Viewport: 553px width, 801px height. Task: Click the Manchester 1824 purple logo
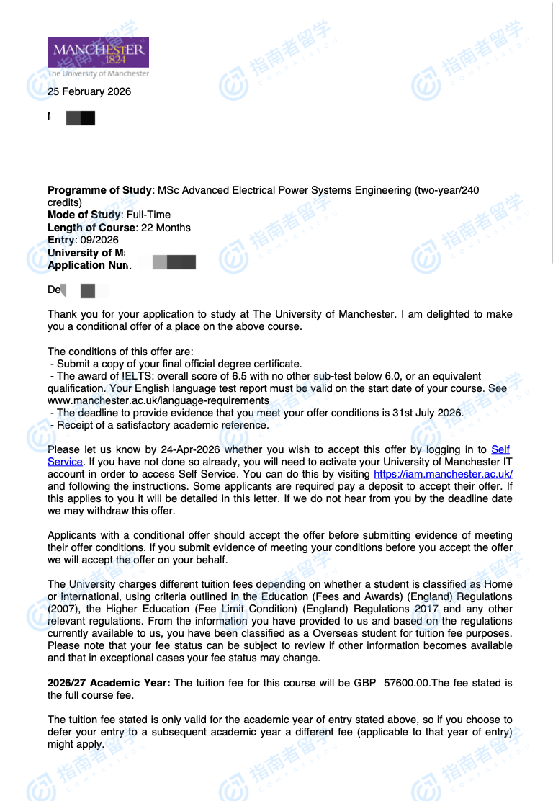coord(98,53)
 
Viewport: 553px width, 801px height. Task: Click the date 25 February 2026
coord(89,91)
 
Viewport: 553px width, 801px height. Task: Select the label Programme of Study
coord(100,190)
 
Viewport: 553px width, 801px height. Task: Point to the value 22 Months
coord(166,228)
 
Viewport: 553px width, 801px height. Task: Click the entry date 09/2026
coord(100,240)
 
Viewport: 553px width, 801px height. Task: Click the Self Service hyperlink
coord(500,449)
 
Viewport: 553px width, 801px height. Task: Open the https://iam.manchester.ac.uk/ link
coord(443,474)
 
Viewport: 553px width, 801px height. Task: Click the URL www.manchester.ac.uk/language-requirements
coord(158,400)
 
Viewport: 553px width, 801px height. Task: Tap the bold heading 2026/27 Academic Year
coord(109,682)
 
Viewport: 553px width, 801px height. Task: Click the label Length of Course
coord(91,228)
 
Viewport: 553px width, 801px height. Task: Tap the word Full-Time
coord(148,215)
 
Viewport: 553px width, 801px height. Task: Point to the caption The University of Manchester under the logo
coord(98,73)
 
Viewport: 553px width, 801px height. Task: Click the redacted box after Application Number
coord(174,262)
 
